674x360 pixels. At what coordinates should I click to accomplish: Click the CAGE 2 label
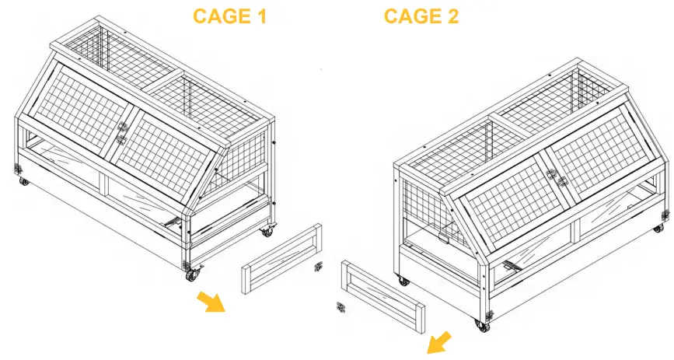pos(421,16)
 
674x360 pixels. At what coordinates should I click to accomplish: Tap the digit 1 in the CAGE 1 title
pos(260,16)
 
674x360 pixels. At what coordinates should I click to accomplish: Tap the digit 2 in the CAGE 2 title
pos(451,16)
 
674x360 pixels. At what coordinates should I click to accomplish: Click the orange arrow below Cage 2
pos(439,341)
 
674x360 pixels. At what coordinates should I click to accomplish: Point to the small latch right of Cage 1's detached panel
pos(318,268)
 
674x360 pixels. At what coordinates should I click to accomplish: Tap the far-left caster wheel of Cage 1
pos(24,182)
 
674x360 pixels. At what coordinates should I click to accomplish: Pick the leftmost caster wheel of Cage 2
pos(402,280)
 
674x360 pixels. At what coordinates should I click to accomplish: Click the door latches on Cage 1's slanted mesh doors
pos(121,133)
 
